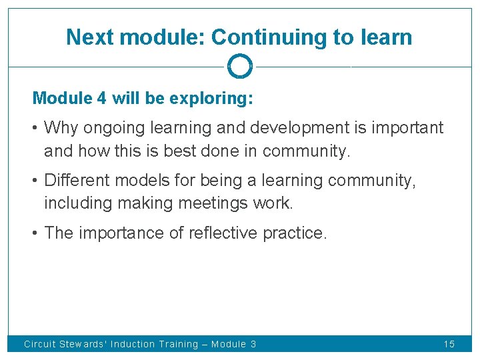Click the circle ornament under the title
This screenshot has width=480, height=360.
pyautogui.click(x=239, y=67)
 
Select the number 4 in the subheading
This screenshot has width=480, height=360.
pyautogui.click(x=101, y=99)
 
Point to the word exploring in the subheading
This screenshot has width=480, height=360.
pyautogui.click(x=210, y=99)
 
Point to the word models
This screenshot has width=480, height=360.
pyautogui.click(x=137, y=181)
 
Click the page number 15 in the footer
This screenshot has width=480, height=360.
pyautogui.click(x=449, y=344)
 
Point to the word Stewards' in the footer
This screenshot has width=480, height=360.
pyautogui.click(x=83, y=344)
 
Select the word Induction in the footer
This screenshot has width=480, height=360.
pyautogui.click(x=131, y=344)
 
